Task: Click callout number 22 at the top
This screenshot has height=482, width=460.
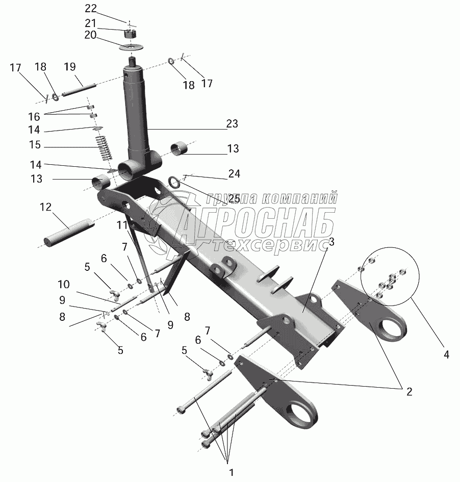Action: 90,8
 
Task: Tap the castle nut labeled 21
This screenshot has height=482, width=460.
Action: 131,34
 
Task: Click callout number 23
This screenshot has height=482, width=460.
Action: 233,124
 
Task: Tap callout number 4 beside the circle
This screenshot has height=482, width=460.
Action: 446,353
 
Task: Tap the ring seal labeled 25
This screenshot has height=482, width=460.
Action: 174,182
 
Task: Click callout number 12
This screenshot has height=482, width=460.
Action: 46,207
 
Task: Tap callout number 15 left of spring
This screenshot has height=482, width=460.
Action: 35,146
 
